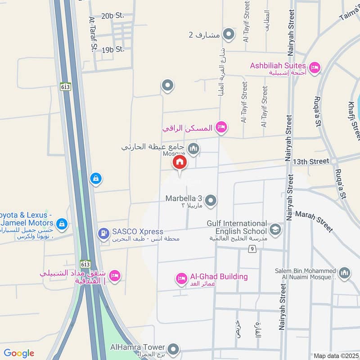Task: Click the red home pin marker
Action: pos(180,162)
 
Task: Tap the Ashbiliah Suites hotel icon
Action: pos(315,67)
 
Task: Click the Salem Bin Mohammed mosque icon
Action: pos(344,273)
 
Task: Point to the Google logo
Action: pos(19,353)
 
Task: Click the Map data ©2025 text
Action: pos(335,355)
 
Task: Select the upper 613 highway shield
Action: pos(66,87)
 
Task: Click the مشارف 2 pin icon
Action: pos(229,34)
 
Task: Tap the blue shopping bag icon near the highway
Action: pos(95,179)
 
